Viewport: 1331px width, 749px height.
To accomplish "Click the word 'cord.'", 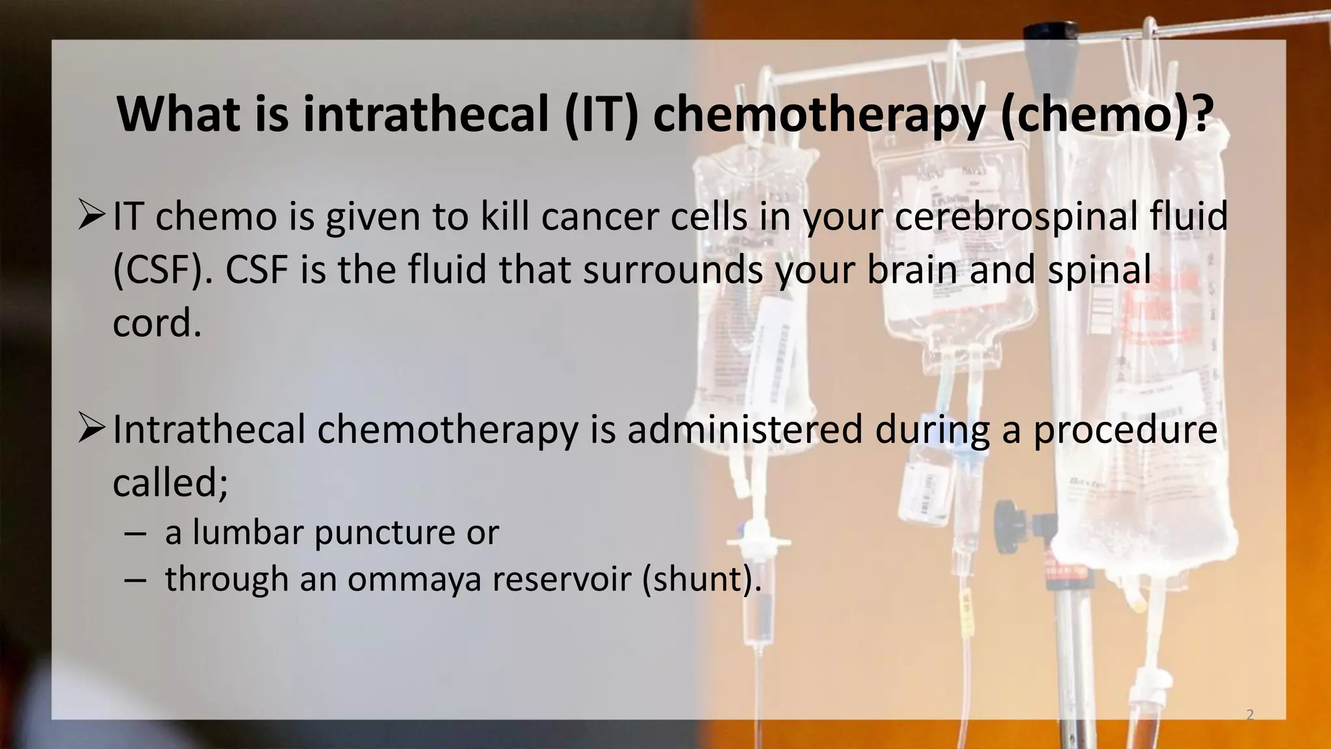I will [x=157, y=323].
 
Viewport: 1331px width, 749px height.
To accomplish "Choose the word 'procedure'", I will [x=1124, y=430].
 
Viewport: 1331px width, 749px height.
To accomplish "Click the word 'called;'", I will [x=170, y=482].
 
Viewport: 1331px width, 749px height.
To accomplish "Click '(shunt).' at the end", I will [x=702, y=579].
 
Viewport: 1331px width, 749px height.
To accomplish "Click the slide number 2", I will [x=1250, y=715].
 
